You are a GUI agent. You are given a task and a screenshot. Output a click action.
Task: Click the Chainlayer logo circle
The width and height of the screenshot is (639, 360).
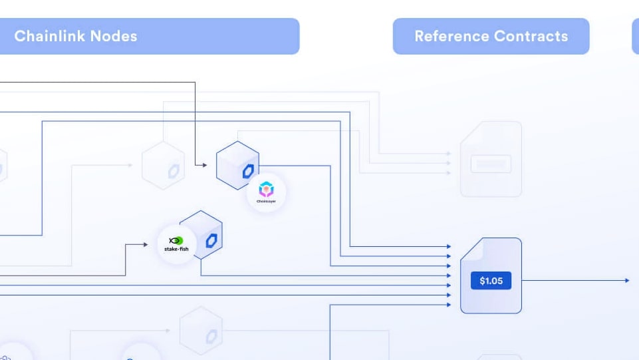266,192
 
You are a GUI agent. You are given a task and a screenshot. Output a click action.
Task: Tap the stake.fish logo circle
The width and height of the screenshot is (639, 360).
176,244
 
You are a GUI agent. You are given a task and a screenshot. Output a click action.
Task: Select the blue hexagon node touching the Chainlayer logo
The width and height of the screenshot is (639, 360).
237,166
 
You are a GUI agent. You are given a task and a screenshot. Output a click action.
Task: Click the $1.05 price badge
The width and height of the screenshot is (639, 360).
491,281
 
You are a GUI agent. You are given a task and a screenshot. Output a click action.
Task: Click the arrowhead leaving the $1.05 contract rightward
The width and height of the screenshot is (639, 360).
626,281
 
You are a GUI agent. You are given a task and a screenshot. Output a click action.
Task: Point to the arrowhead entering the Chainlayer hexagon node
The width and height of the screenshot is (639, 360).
205,164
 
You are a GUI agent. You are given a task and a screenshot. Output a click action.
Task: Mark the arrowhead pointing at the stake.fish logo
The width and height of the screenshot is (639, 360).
146,245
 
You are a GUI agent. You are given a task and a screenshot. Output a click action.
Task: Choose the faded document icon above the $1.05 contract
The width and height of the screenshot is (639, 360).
491,159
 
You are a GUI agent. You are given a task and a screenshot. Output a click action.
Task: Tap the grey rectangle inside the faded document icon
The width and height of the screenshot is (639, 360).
491,164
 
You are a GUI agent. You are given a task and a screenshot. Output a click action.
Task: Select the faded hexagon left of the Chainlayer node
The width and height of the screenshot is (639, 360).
164,166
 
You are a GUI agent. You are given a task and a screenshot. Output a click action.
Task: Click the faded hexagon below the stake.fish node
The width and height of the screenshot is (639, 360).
201,331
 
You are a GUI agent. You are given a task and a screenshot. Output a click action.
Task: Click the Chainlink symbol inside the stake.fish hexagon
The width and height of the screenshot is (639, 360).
211,240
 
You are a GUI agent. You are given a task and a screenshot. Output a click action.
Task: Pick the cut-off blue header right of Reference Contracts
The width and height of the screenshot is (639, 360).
635,36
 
